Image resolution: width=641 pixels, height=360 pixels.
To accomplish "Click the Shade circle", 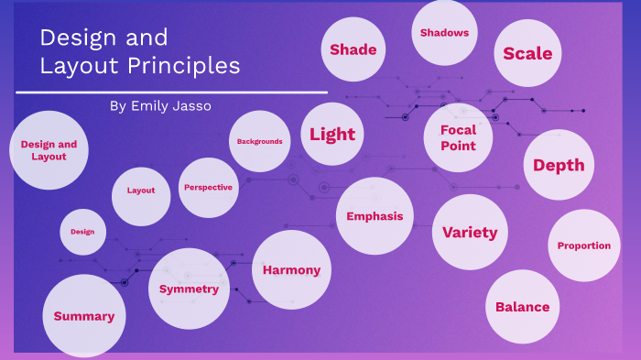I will (x=353, y=49).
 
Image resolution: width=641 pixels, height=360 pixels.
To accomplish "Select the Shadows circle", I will (x=444, y=33).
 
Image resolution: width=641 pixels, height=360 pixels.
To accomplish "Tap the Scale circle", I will (x=527, y=53).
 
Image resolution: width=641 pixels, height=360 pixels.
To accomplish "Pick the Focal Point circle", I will (x=458, y=137).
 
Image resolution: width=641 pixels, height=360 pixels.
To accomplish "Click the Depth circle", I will (x=559, y=165).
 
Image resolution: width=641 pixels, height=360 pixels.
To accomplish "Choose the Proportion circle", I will (x=584, y=245).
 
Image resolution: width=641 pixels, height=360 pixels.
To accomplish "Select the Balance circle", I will (x=522, y=307).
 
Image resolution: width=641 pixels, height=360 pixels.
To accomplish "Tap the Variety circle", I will (x=470, y=232).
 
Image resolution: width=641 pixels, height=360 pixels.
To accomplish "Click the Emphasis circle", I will (x=375, y=216).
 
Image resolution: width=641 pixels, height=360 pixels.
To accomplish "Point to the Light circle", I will (x=331, y=135).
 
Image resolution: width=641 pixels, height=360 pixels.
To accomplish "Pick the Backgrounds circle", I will (x=259, y=141).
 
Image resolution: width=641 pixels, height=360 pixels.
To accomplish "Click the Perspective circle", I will (x=208, y=187).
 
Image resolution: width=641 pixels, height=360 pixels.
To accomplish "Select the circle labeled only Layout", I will (x=141, y=191).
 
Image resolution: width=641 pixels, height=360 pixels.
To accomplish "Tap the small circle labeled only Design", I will (x=83, y=232).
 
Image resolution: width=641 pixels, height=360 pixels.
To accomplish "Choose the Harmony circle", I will (x=291, y=269).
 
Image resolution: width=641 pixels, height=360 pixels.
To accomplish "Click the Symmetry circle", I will (x=189, y=289).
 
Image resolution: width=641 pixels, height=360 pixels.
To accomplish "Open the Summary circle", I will (x=83, y=316).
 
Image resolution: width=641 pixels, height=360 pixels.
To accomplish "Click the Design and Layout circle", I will (x=49, y=150).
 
